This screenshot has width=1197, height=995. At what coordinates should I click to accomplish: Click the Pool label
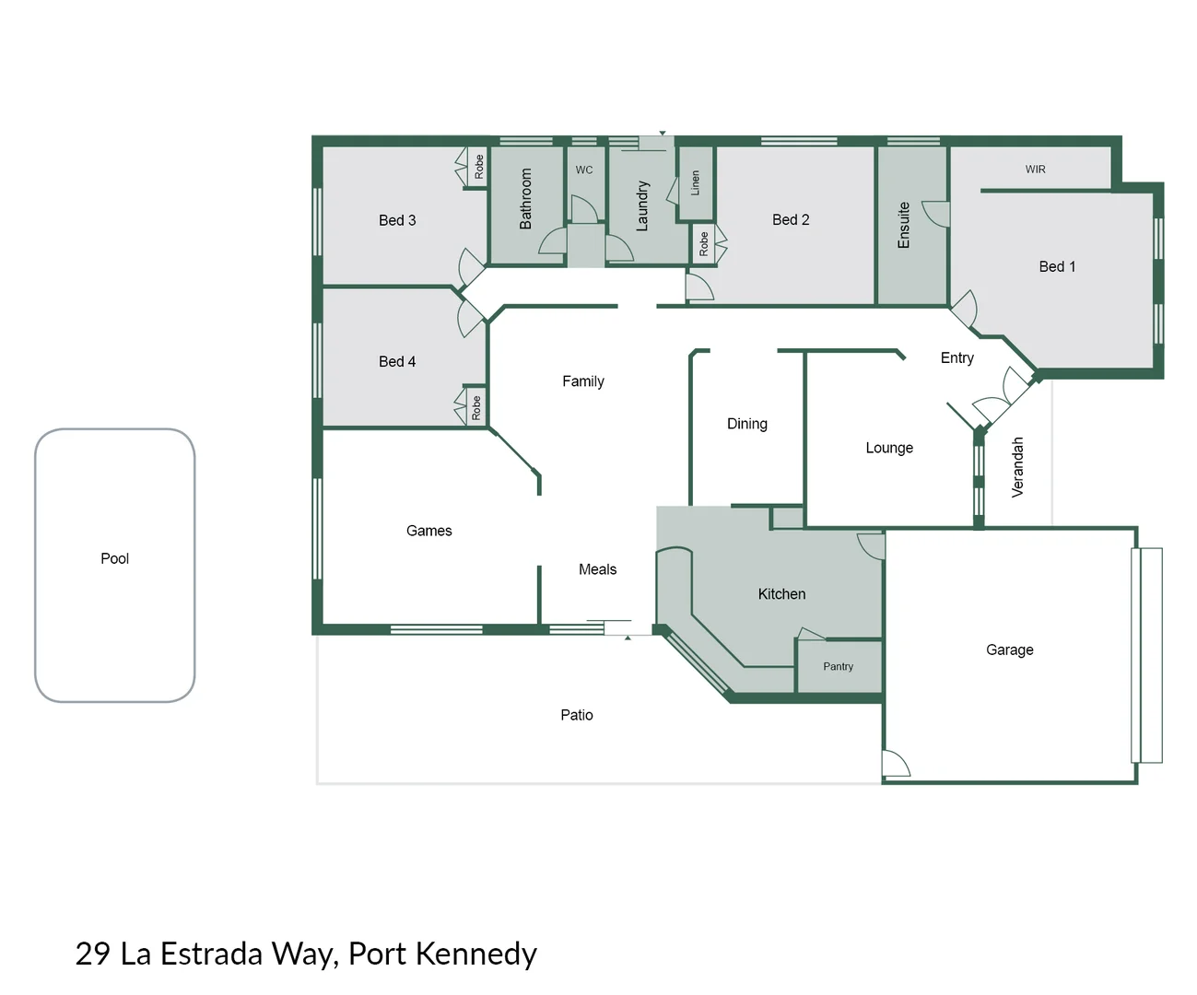pyautogui.click(x=114, y=558)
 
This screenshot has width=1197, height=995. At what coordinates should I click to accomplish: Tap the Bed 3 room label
pyautogui.click(x=397, y=220)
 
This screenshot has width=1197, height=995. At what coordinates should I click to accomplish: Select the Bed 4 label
pyautogui.click(x=397, y=361)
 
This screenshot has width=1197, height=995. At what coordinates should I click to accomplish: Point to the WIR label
pyautogui.click(x=1035, y=170)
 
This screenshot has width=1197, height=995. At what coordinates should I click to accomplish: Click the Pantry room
pyautogui.click(x=838, y=666)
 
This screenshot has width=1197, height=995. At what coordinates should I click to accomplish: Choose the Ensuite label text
pyautogui.click(x=904, y=225)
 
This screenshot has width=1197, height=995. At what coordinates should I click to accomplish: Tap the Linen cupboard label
pyautogui.click(x=696, y=182)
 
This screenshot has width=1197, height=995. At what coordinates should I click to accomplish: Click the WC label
pyautogui.click(x=584, y=170)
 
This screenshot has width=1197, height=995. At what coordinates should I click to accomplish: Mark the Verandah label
pyautogui.click(x=1017, y=467)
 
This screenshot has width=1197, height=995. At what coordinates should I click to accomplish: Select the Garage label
pyautogui.click(x=1009, y=650)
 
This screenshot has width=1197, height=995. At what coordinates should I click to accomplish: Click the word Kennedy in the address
pyautogui.click(x=475, y=954)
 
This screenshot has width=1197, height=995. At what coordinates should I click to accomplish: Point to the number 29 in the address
pyautogui.click(x=92, y=954)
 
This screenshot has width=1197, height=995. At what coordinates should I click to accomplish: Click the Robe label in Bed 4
pyautogui.click(x=475, y=407)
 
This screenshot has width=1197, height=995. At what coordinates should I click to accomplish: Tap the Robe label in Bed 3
pyautogui.click(x=478, y=167)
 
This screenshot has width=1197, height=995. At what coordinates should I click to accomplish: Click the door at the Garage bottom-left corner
pyautogui.click(x=895, y=764)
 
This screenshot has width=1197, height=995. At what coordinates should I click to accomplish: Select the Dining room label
pyautogui.click(x=746, y=424)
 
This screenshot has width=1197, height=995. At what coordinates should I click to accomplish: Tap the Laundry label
pyautogui.click(x=642, y=205)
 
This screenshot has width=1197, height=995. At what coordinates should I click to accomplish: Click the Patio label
pyautogui.click(x=577, y=715)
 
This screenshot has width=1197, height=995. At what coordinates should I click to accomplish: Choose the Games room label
pyautogui.click(x=428, y=531)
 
